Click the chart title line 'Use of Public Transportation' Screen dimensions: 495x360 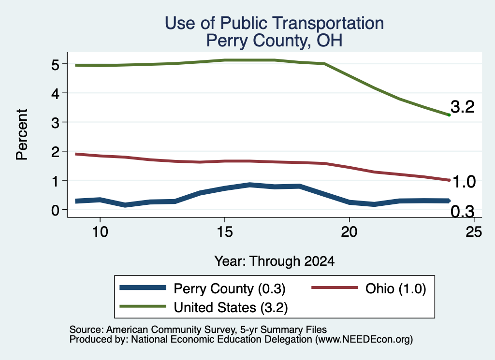click(275, 24)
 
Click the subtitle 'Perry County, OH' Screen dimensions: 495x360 click(275, 41)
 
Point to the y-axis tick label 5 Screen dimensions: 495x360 click(55, 65)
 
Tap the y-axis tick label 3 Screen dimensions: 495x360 click(55, 123)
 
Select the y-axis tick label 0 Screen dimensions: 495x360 click(55, 210)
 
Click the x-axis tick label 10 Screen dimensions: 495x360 click(100, 232)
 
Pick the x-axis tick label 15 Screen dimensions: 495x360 click(225, 232)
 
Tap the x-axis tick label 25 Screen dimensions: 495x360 click(474, 232)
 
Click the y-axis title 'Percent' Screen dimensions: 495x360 click(22, 134)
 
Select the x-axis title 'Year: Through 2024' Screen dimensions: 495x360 click(275, 261)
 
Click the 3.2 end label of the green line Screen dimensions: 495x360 click(463, 107)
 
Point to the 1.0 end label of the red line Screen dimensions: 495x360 click(464, 182)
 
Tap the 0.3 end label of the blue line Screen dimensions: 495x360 click(463, 212)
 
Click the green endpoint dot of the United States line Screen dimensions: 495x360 click(449, 115)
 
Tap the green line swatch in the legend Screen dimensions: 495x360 click(143, 306)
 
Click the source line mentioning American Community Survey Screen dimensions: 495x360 click(198, 330)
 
